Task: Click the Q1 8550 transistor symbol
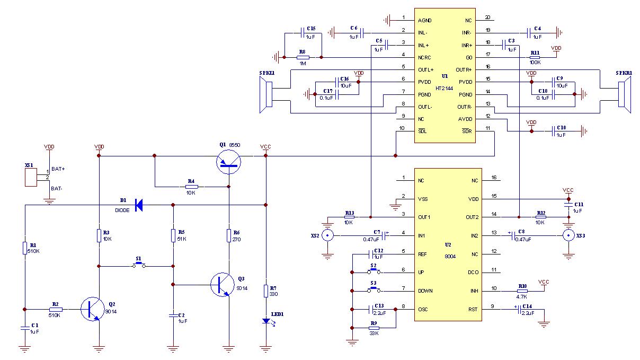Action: coord(229,160)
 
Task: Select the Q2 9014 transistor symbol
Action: coord(92,309)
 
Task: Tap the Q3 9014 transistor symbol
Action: coord(222,285)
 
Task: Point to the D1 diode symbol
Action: coord(139,205)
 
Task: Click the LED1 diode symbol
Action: coord(266,321)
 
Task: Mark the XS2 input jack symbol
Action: coord(328,235)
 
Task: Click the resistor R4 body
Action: coord(192,187)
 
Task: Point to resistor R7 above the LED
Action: coord(266,291)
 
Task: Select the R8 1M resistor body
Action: coord(303,57)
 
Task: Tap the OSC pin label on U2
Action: coord(423,310)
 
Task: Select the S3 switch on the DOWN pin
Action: coord(375,291)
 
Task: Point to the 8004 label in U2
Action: coord(450,256)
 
